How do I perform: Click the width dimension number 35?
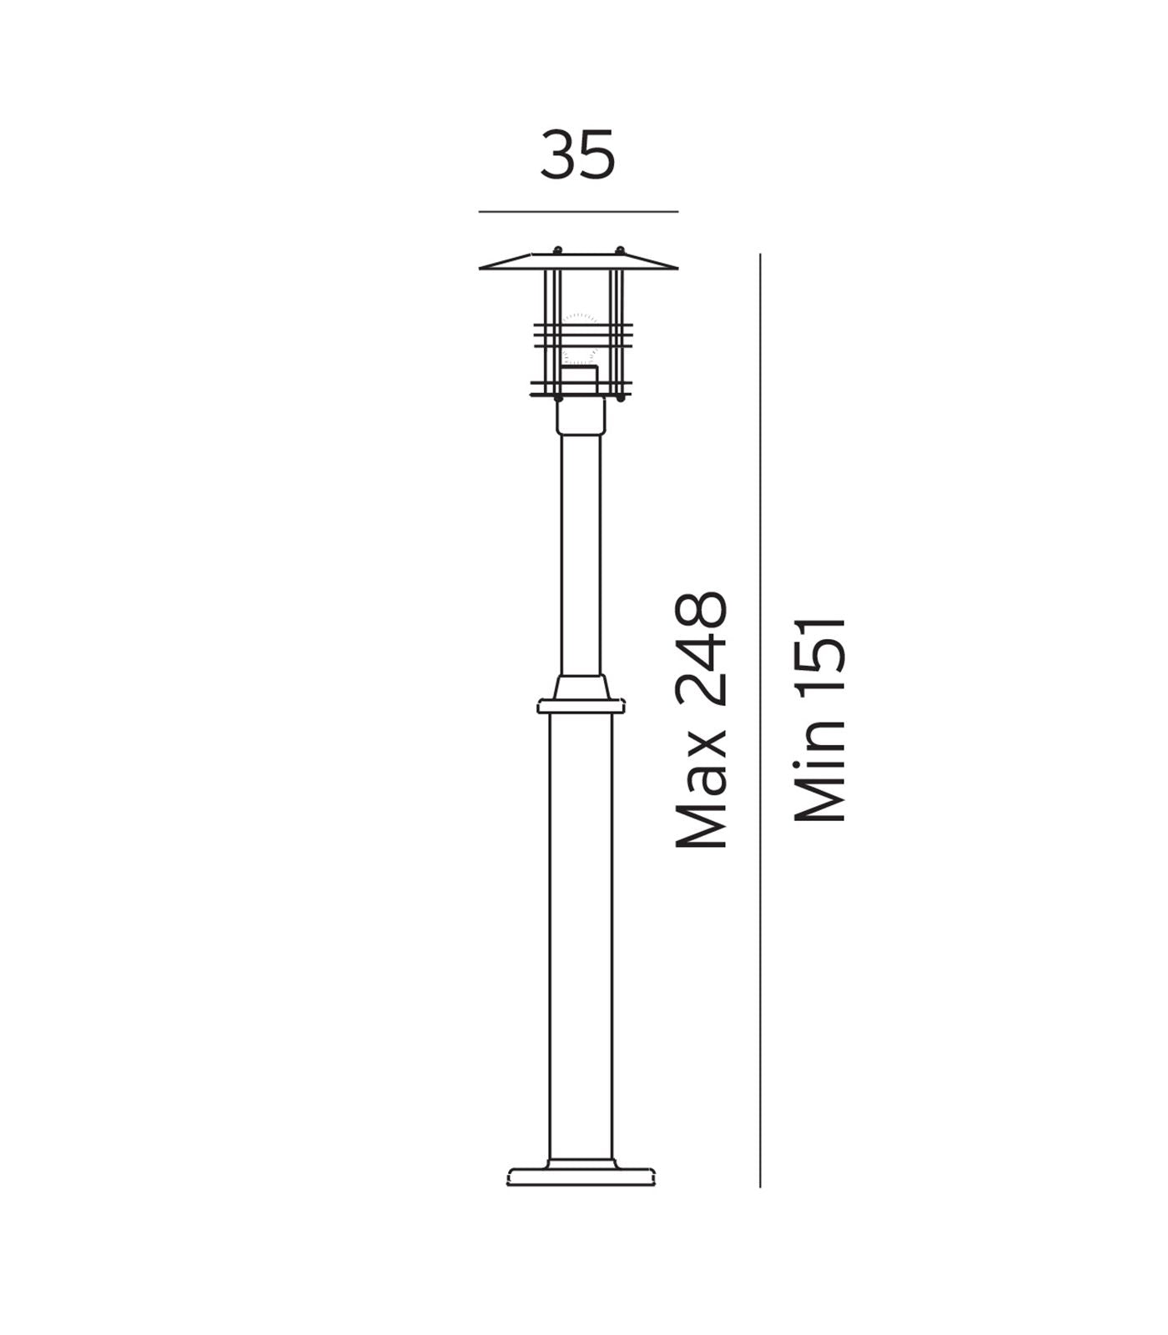click(577, 156)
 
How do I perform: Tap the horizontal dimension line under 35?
click(577, 212)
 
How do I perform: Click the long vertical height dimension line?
click(760, 718)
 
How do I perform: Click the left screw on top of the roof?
click(557, 249)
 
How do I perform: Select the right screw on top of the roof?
click(620, 249)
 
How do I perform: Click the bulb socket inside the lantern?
click(579, 380)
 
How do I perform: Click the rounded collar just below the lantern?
click(581, 416)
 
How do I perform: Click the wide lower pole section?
click(581, 934)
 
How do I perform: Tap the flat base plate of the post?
click(581, 1176)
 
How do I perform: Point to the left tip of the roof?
click(482, 268)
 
